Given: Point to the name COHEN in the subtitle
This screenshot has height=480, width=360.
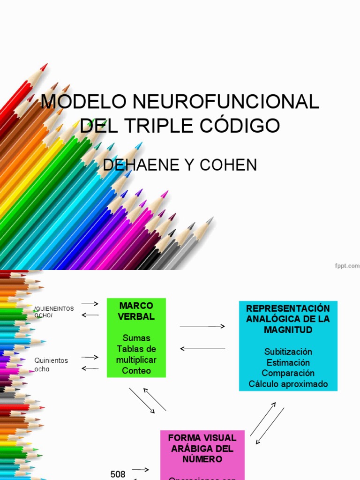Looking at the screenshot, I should [228, 165].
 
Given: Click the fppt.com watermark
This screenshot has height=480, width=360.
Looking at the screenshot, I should [347, 265].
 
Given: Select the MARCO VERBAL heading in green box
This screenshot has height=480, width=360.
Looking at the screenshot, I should [136, 311].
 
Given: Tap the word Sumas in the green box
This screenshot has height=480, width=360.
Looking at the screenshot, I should [136, 338].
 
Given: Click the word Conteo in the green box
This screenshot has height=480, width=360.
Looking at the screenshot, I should [136, 371].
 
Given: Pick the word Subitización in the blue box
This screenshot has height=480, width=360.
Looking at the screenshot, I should [288, 352].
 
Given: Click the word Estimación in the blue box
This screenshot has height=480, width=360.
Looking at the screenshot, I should [288, 362].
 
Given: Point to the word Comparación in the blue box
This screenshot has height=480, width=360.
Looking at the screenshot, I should [288, 373].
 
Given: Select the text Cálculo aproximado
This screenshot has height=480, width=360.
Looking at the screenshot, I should [288, 384].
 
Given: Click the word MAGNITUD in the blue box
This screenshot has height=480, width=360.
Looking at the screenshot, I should [288, 330].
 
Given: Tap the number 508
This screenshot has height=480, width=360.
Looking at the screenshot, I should [118, 474].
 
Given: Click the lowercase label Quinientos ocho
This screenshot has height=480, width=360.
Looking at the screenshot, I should [51, 365].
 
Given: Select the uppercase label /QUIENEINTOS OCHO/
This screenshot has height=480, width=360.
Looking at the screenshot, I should [53, 312].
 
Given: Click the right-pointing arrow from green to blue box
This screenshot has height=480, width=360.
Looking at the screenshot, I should [202, 326].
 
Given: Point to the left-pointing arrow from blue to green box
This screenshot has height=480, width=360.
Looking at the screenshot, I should [202, 349].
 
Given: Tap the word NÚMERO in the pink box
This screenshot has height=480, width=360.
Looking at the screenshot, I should [202, 459].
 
